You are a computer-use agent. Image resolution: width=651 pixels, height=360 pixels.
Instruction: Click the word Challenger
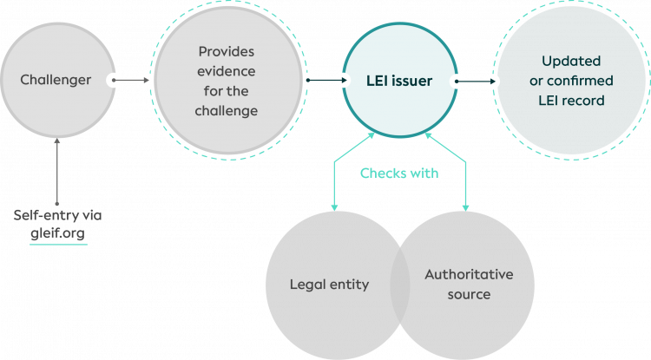(56, 80)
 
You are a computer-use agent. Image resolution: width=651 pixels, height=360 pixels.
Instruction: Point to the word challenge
(227, 111)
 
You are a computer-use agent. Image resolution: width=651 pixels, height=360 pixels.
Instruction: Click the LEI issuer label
(399, 81)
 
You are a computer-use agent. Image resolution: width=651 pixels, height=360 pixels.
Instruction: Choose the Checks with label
(399, 173)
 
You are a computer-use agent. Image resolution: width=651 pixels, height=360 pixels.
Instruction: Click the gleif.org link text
(58, 232)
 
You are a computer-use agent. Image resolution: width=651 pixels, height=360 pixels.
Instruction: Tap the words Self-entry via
(58, 215)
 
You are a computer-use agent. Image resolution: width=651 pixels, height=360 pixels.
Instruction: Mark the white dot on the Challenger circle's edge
(114, 81)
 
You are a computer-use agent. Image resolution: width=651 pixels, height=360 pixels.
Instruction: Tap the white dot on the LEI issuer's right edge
(456, 82)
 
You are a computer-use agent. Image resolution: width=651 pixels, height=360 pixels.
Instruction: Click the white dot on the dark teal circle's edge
(493, 82)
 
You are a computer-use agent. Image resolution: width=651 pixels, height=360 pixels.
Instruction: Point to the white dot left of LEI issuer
(308, 81)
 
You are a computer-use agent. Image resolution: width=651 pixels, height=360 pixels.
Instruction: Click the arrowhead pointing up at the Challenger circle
(57, 141)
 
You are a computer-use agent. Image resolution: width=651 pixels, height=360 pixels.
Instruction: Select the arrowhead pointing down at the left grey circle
(333, 207)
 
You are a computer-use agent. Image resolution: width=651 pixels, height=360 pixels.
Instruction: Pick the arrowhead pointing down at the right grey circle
(465, 207)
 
